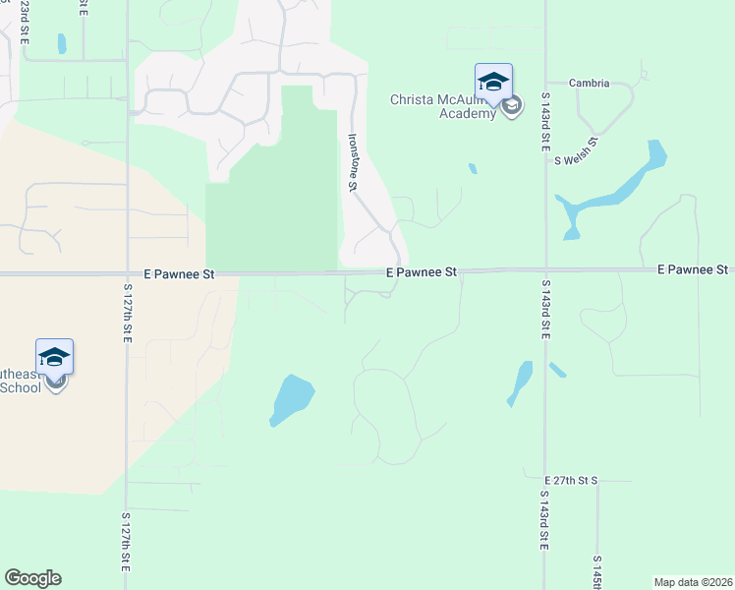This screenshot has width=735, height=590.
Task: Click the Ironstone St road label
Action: pos(353,162)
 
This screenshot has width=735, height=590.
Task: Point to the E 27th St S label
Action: pos(570,480)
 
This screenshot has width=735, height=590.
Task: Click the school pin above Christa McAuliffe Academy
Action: pos(493,82)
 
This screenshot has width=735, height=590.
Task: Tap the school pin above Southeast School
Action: pos(55,357)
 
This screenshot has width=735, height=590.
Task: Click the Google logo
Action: pos(32,578)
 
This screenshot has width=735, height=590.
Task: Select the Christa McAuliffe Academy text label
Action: pos(443,106)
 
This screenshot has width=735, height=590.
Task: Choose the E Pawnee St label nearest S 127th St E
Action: pos(178,276)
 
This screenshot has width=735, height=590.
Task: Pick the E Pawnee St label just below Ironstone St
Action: pos(422,270)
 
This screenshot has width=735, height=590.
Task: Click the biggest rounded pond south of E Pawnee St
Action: pos(290,399)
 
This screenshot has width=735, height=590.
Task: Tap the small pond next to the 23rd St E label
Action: pos(62,43)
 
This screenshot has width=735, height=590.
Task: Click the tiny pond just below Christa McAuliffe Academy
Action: pos(473,168)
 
